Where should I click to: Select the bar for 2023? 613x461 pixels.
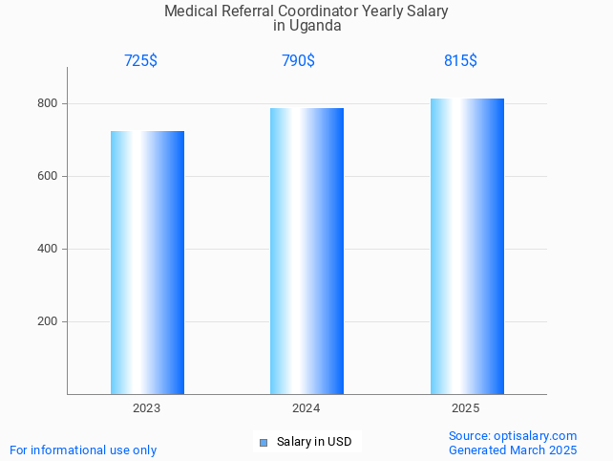[x=147, y=262]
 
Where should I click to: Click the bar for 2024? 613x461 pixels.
[x=306, y=251]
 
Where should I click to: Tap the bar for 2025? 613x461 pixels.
[x=467, y=246]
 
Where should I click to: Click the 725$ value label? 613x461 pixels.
[x=140, y=60]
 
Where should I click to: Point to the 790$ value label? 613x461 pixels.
[x=298, y=60]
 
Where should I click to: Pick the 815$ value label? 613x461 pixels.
[x=460, y=60]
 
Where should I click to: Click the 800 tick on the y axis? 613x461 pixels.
[x=46, y=103]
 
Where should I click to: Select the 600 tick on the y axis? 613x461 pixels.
[x=46, y=176]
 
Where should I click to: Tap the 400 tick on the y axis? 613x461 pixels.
[x=46, y=249]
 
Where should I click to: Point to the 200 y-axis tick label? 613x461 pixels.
[x=46, y=321]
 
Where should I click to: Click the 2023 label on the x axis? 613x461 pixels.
[x=146, y=408]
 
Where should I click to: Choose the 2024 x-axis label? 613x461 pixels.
[x=306, y=408]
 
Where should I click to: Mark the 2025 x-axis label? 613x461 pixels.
[x=466, y=408]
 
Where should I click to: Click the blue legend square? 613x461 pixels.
[x=264, y=442]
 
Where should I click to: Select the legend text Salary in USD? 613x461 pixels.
[x=314, y=442]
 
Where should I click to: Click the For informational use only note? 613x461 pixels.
[x=83, y=450]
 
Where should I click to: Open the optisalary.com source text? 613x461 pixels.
[x=535, y=435]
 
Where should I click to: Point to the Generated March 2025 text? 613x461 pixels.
[x=513, y=450]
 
